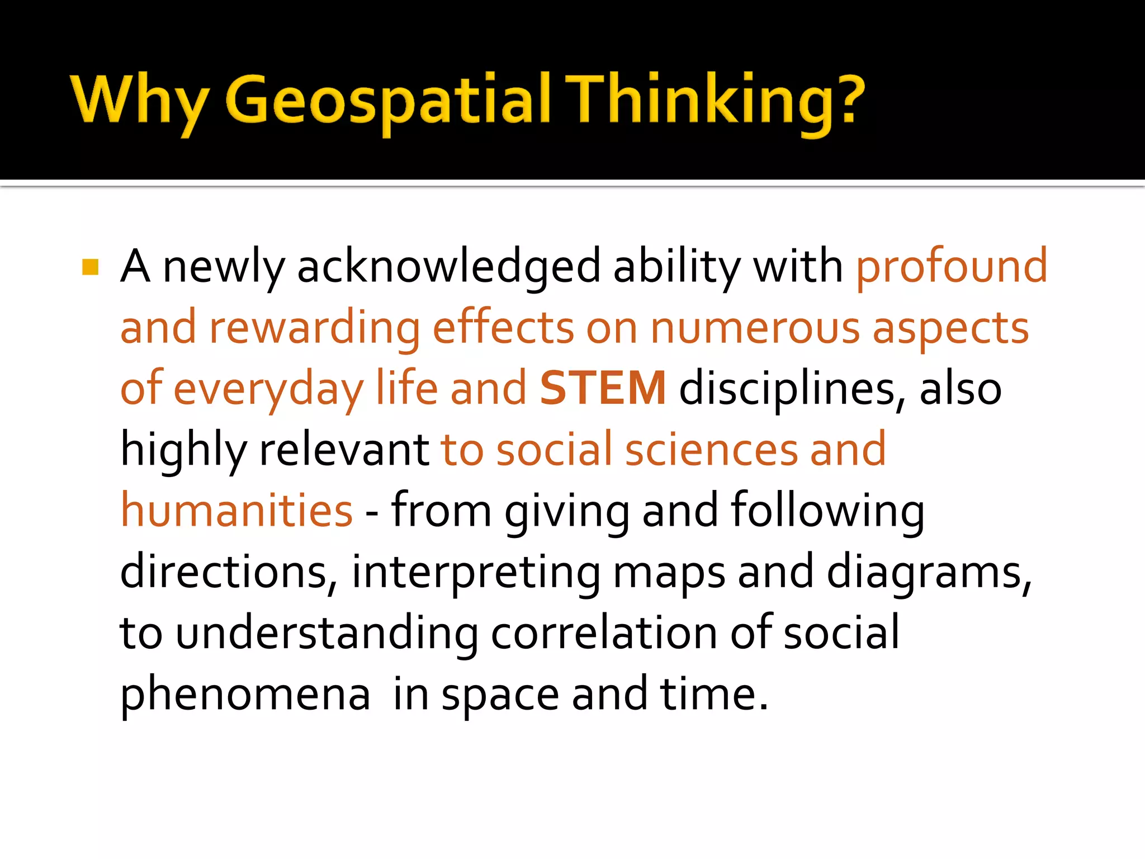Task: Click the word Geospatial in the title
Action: (388, 101)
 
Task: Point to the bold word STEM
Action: (603, 388)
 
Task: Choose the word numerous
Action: (755, 328)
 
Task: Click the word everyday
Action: (268, 390)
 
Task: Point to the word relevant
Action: (344, 450)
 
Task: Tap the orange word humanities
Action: (236, 510)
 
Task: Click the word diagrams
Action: (928, 572)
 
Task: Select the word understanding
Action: (327, 633)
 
